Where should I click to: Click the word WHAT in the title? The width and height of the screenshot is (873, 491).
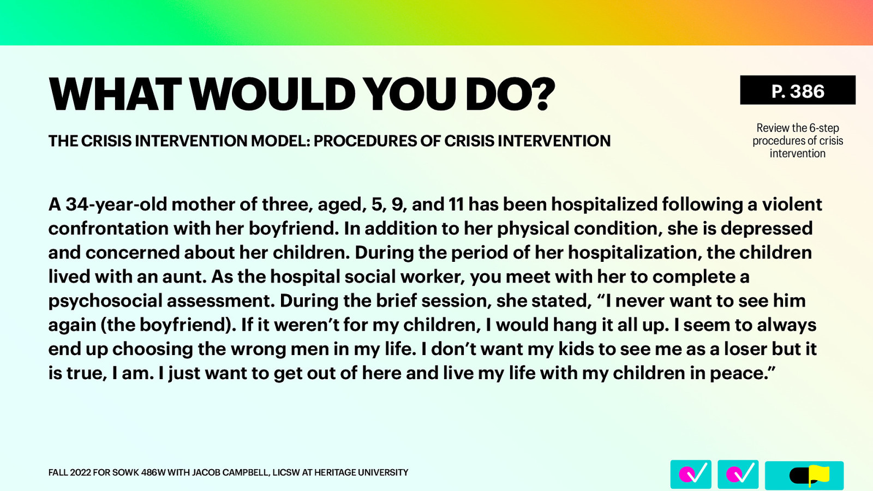[115, 94]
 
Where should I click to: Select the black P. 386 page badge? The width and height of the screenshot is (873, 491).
[797, 91]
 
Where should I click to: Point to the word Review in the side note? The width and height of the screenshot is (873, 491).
[773, 128]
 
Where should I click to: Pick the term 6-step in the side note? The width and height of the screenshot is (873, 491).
[824, 128]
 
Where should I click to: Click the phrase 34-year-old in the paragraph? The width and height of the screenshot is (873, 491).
[116, 204]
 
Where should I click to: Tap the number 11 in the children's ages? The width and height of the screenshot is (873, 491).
[456, 204]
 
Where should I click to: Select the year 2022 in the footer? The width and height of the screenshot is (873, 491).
[80, 472]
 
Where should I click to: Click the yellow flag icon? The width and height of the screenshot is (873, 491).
[818, 475]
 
